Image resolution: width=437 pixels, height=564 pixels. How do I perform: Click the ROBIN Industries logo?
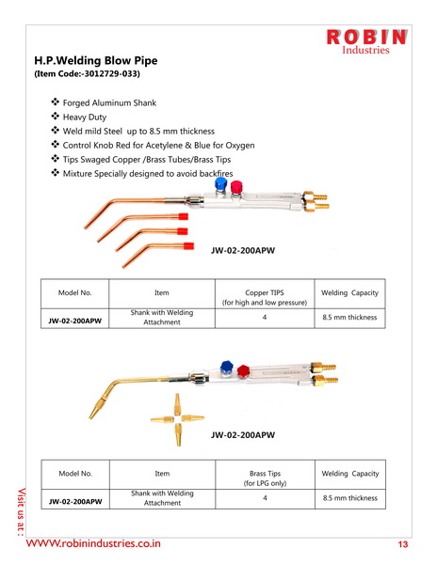[x=366, y=41]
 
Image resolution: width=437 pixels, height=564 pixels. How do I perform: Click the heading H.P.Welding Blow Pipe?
[x=96, y=60]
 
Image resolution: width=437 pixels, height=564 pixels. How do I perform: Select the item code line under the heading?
[x=87, y=73]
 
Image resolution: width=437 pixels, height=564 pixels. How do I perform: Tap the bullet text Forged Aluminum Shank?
[x=109, y=102]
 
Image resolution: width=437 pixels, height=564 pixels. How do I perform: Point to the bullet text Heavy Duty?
[x=85, y=117]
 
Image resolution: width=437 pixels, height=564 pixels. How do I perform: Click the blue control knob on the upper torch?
[x=220, y=183]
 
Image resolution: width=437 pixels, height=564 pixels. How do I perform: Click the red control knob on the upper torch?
[x=236, y=187]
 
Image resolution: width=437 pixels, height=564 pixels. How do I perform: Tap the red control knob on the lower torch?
[x=244, y=370]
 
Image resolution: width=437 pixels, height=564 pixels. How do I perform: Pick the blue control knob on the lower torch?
[x=227, y=367]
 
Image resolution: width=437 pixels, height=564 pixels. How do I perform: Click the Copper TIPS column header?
[x=265, y=297]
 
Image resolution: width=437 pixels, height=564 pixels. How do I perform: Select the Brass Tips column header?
[x=266, y=478]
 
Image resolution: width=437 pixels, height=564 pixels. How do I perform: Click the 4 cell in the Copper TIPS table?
[x=265, y=318]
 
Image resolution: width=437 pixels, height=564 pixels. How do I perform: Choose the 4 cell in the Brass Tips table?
[x=266, y=498]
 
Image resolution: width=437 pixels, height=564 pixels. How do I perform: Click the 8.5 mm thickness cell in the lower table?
[x=350, y=498]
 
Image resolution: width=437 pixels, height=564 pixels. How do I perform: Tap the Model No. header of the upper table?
[x=75, y=292]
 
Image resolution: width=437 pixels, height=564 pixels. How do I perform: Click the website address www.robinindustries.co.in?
[x=93, y=543]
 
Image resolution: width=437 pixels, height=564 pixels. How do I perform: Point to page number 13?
[x=403, y=544]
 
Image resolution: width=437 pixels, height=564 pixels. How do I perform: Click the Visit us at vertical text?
[x=22, y=511]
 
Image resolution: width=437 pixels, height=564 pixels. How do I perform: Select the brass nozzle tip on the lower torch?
[x=95, y=409]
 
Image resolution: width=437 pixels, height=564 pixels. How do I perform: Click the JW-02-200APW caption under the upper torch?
[x=243, y=250]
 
